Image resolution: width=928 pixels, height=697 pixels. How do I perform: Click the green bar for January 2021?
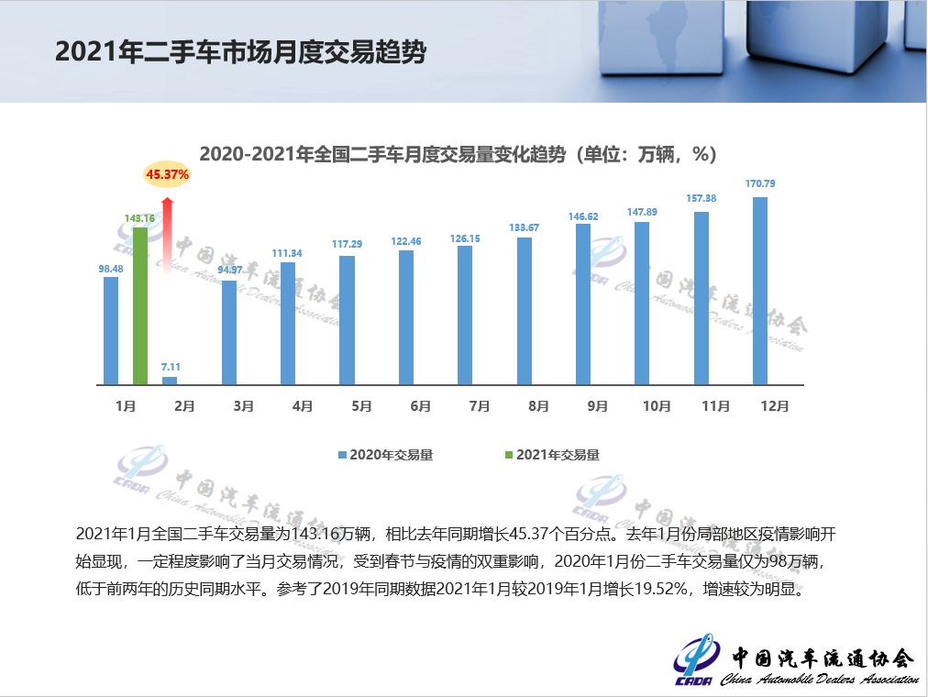point(140,305)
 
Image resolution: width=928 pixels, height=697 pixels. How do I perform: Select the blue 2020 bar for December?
point(760,291)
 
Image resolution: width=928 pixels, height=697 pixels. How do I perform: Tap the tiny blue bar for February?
point(170,380)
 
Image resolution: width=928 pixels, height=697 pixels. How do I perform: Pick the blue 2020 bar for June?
point(406,316)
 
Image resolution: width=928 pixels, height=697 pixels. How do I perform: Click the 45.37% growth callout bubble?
point(167,173)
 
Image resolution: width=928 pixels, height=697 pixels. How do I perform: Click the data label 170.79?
point(760,184)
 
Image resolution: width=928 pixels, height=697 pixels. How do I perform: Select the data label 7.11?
point(171,366)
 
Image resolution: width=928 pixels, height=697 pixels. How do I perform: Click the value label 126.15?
point(465,238)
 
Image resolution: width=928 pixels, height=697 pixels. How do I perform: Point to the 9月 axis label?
point(597,406)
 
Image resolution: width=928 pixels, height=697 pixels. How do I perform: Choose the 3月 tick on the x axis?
point(243,406)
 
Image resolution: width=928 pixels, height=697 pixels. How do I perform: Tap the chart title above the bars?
point(458,154)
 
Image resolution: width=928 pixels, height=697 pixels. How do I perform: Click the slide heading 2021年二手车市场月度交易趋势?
point(240,51)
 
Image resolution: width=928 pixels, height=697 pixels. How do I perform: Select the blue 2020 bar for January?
point(111,330)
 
